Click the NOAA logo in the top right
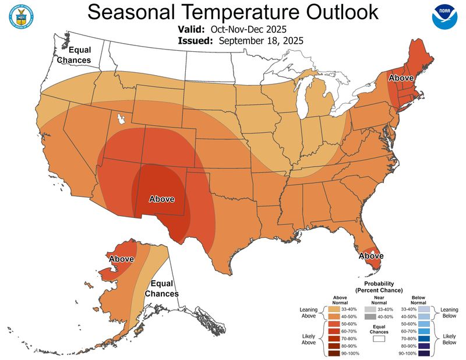[445, 17]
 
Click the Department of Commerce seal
[20, 17]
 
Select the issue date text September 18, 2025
[261, 40]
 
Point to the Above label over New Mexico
[162, 199]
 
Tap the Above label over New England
[401, 78]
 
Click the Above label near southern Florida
[371, 255]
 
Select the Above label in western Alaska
[122, 259]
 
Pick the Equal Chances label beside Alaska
[161, 289]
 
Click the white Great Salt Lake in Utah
[121, 119]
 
